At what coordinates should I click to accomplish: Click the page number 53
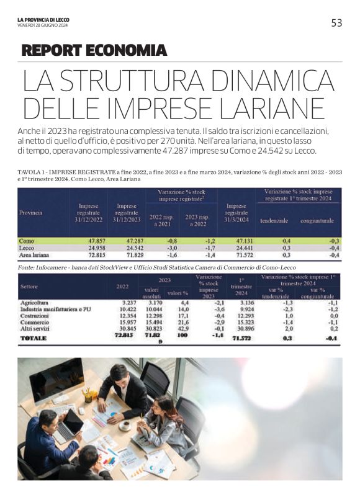click(336, 23)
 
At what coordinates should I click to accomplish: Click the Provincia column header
click(30, 212)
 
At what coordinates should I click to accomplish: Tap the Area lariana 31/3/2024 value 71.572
click(236, 255)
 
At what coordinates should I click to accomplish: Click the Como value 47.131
click(236, 240)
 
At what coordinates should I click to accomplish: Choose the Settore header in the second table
click(29, 287)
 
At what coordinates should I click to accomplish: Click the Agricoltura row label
click(35, 302)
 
